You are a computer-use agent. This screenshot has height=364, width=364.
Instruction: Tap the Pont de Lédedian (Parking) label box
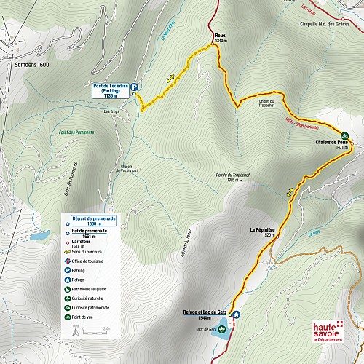pos(111,90)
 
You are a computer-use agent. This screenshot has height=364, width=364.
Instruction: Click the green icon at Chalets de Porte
pos(344,135)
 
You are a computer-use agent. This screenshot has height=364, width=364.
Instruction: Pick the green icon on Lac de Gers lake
pos(223,329)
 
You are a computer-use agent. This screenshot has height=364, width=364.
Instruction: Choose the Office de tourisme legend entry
pos(91,260)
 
